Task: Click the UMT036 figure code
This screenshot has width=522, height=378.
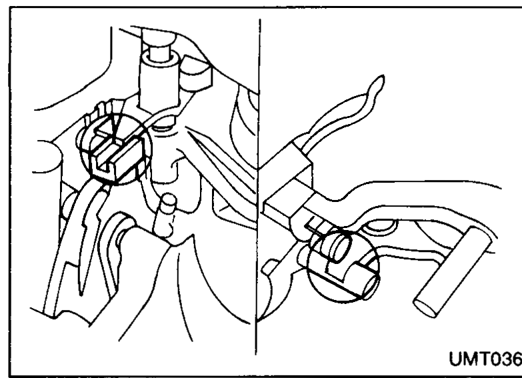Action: tap(485, 360)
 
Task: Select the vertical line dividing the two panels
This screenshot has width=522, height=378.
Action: tap(259, 187)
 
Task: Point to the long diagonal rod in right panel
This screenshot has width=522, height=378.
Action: tap(453, 272)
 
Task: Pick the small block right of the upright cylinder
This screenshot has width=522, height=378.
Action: tap(196, 74)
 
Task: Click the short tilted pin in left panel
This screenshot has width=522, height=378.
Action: tap(165, 215)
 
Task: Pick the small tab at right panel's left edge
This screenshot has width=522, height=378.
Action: tap(269, 267)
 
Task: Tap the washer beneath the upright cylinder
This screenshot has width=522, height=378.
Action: tap(161, 127)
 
